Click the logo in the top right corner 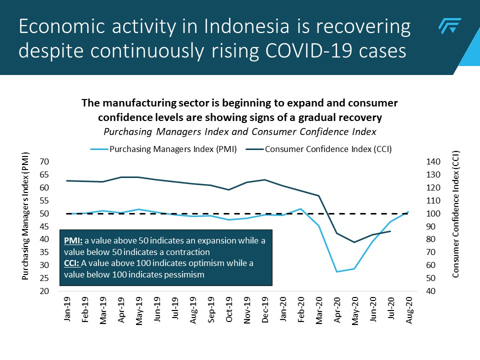pyautogui.click(x=449, y=25)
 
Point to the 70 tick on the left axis pyautogui.click(x=44, y=162)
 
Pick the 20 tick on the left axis pyautogui.click(x=44, y=291)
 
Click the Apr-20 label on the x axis pyautogui.click(x=337, y=311)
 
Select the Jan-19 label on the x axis pyautogui.click(x=67, y=311)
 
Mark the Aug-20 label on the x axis pyautogui.click(x=409, y=311)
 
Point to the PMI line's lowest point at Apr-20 pyautogui.click(x=337, y=271)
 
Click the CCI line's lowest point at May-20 pyautogui.click(x=354, y=242)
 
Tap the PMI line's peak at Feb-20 pyautogui.click(x=300, y=209)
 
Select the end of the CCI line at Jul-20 pyautogui.click(x=390, y=231)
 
